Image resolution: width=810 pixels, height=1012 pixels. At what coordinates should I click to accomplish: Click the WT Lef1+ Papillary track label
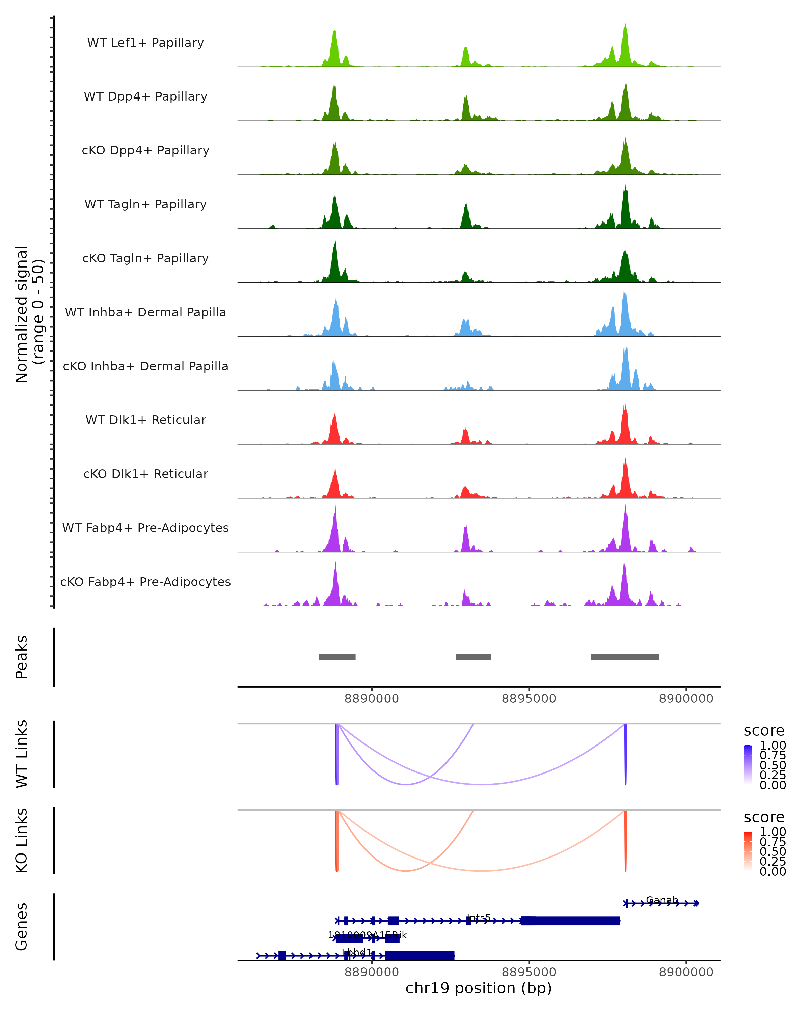[145, 43]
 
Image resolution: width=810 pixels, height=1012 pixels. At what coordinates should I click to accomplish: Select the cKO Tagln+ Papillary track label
[145, 258]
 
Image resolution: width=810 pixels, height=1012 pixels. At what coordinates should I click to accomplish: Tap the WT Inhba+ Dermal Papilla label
[145, 312]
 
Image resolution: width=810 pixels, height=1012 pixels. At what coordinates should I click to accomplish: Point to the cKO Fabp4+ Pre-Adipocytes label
[145, 582]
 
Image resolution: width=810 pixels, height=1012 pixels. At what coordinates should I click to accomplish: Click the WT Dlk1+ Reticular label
[145, 420]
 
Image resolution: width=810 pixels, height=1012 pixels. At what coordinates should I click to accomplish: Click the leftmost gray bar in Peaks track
[337, 657]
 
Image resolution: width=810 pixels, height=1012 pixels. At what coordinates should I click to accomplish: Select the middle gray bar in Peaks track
[473, 657]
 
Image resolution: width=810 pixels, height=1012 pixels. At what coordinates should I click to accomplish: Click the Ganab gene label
[662, 900]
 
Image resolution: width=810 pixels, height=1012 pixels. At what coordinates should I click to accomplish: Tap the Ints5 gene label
[479, 917]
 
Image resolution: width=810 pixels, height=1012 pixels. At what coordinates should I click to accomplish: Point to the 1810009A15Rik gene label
[367, 935]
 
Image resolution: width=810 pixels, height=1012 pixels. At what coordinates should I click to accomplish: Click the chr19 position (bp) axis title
[479, 988]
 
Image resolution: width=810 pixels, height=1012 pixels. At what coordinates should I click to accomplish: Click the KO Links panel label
[22, 840]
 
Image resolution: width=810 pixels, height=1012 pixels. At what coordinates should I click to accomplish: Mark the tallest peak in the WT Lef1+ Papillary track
[625, 26]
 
